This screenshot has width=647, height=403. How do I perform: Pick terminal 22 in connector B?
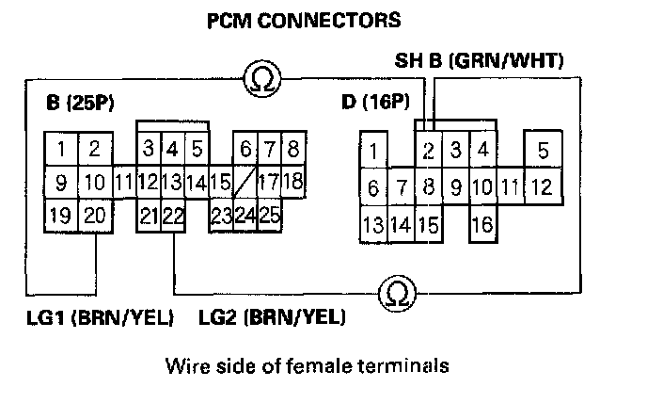pyautogui.click(x=172, y=216)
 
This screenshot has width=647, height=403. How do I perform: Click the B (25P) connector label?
pyautogui.click(x=80, y=102)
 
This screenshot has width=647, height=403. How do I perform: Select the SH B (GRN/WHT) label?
pyautogui.click(x=479, y=62)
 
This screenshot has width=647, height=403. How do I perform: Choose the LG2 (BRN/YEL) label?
pyautogui.click(x=272, y=317)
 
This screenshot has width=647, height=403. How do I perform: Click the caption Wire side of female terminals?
pyautogui.click(x=305, y=363)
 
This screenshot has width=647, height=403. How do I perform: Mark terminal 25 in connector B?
pyautogui.click(x=269, y=215)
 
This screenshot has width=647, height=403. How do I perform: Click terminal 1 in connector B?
pyautogui.click(x=61, y=149)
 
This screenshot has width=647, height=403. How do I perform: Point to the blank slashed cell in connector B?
pyautogui.click(x=245, y=180)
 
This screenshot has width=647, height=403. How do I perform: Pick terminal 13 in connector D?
pyautogui.click(x=373, y=224)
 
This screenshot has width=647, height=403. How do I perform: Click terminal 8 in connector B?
pyautogui.click(x=292, y=149)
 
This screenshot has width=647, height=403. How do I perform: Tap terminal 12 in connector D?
pyautogui.click(x=541, y=187)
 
